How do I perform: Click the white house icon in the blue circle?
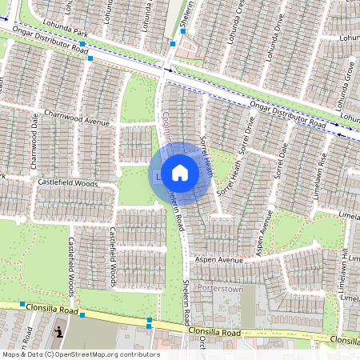pos(180,173)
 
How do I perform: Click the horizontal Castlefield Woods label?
pos(67,183)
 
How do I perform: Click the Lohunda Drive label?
pos(278,32)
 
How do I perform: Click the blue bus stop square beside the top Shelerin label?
pos(173,44)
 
